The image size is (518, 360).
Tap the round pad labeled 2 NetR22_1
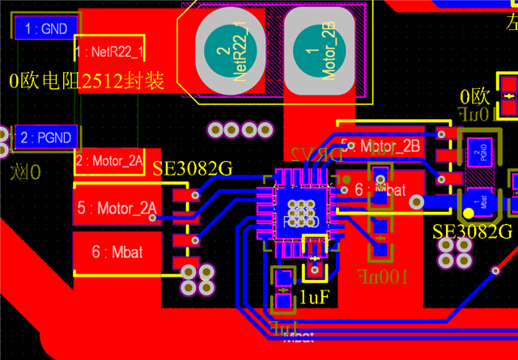click(231, 53)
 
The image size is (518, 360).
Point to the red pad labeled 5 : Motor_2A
click(117, 209)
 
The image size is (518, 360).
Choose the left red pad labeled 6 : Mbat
click(117, 252)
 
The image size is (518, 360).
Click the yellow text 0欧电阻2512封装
click(87, 81)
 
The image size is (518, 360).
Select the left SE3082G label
click(193, 169)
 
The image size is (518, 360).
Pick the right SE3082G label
click(473, 231)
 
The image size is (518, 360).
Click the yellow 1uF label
click(315, 296)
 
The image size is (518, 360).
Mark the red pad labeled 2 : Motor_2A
click(109, 160)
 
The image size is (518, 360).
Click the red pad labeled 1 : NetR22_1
click(109, 53)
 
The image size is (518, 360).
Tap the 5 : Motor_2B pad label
click(380, 146)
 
